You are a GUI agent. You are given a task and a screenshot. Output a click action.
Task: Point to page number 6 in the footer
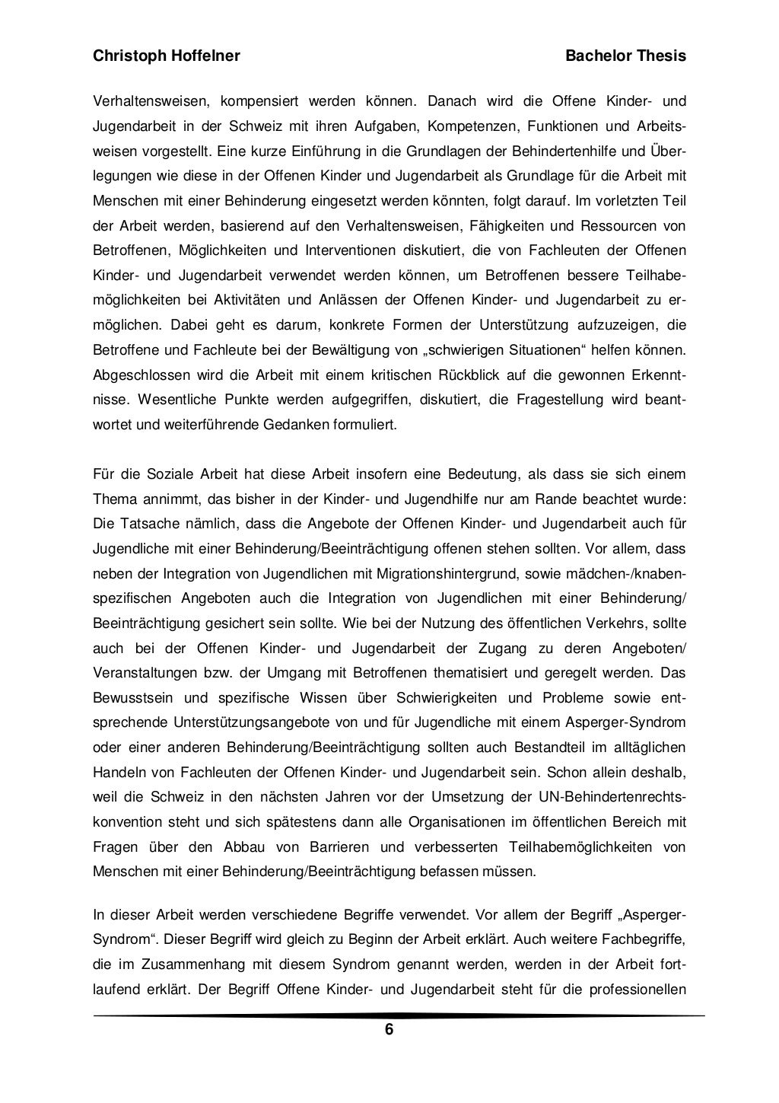[x=389, y=1030]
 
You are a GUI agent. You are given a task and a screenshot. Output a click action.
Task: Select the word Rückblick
[x=475, y=375]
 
